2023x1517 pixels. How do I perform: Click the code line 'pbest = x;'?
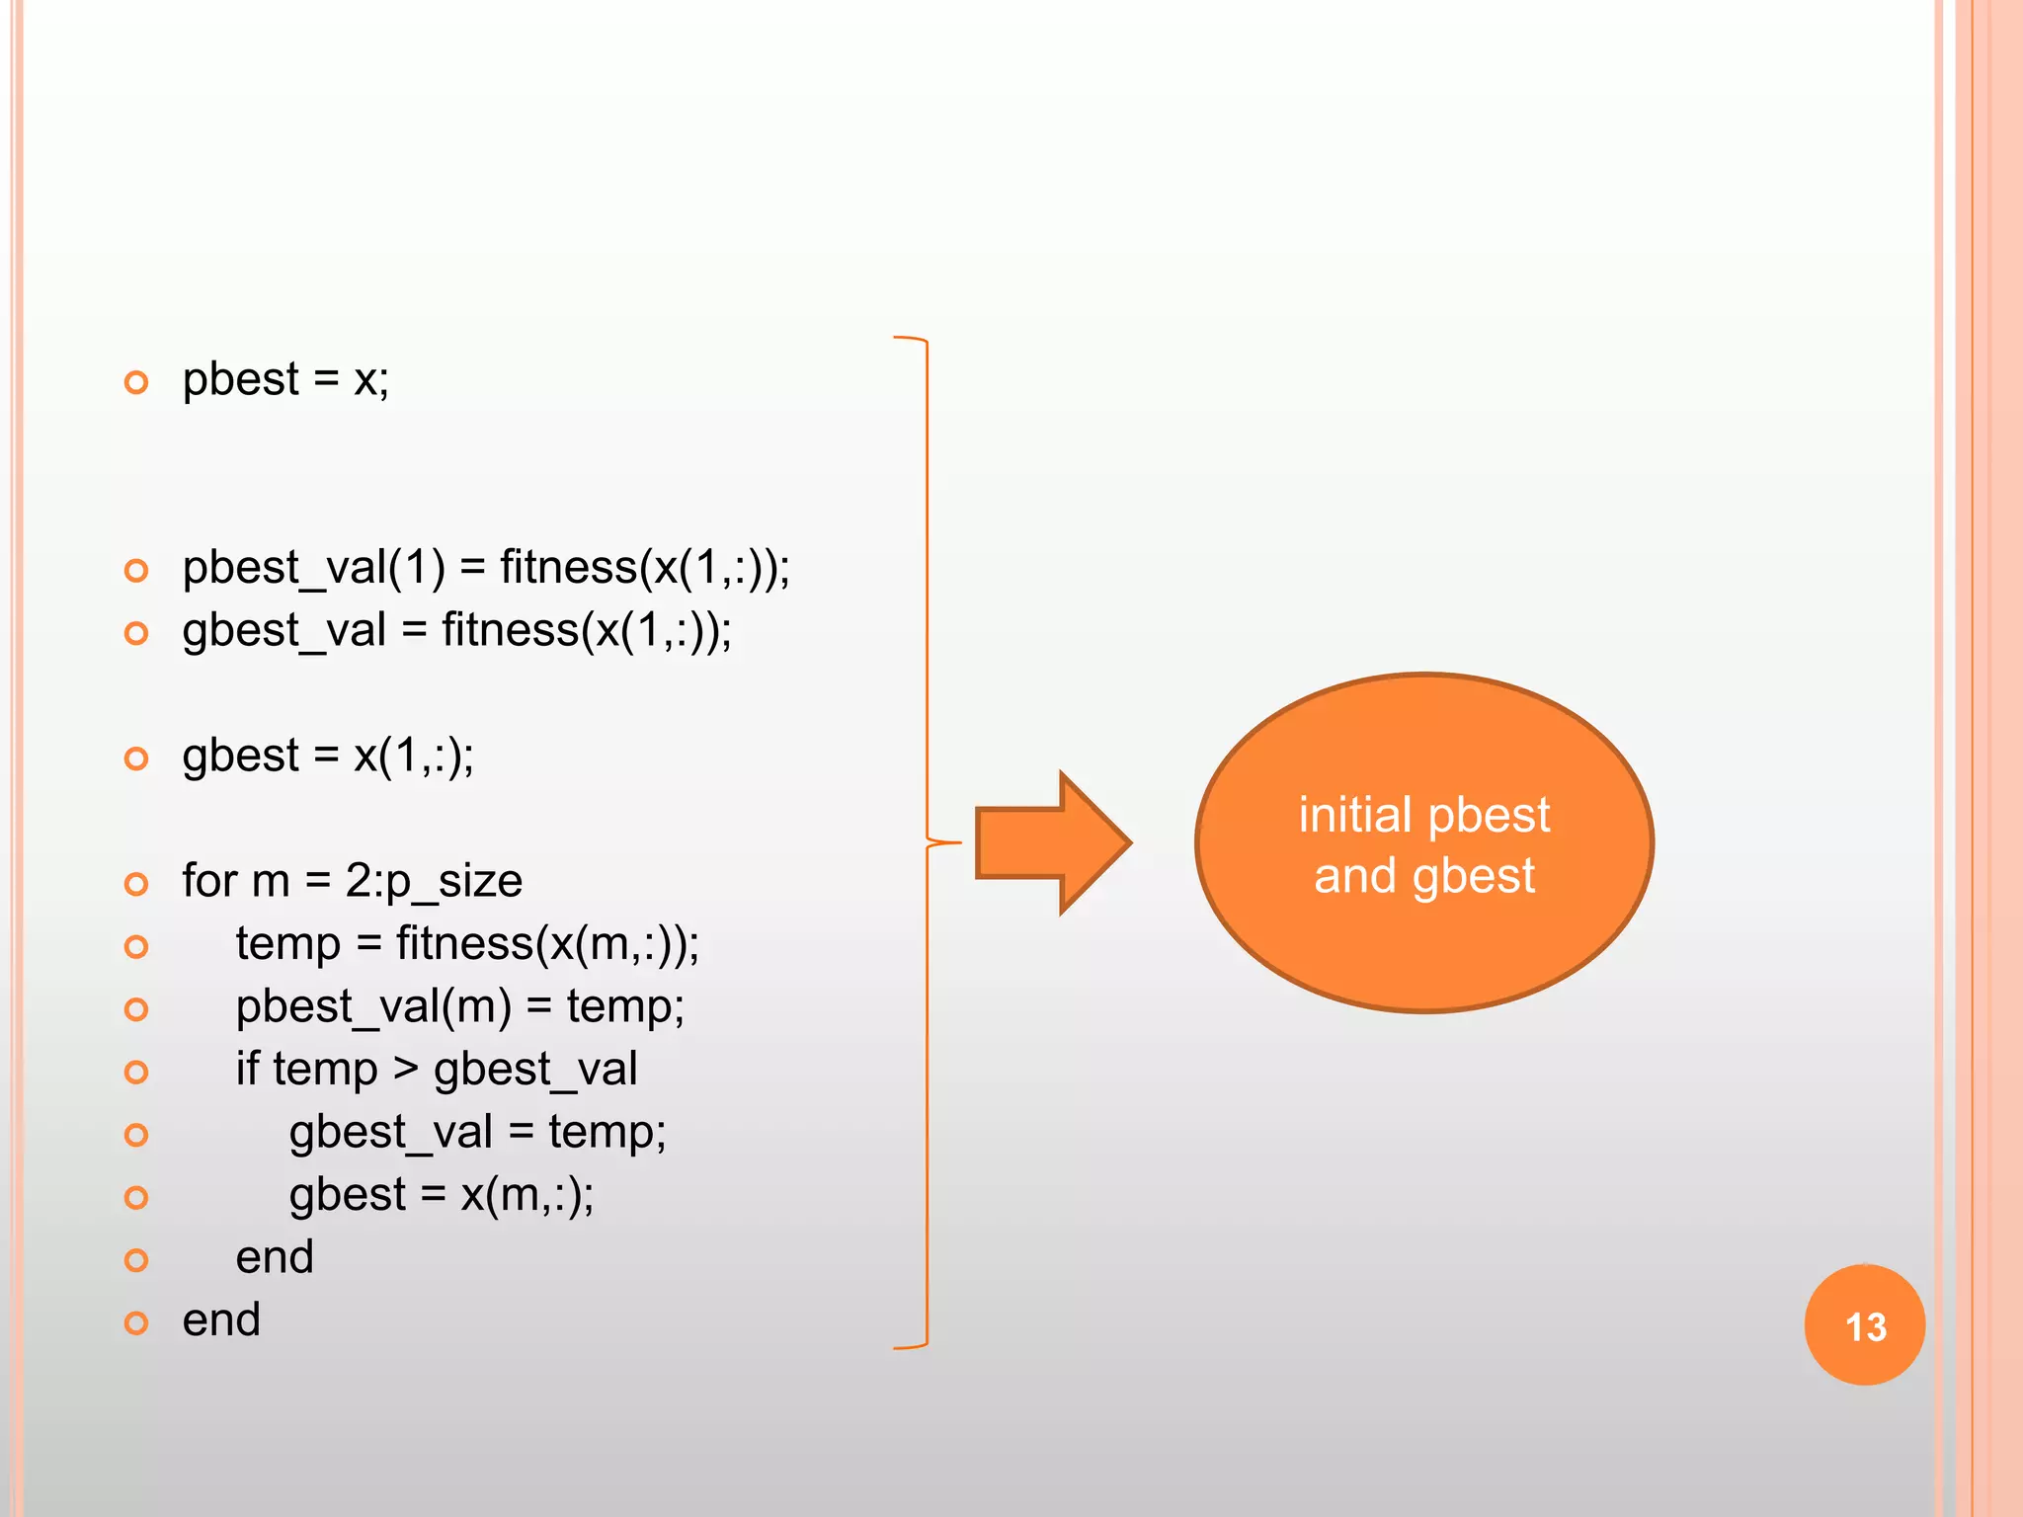(x=285, y=380)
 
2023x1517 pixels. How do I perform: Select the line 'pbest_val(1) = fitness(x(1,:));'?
(x=486, y=568)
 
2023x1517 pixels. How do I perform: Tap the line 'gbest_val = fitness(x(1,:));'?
(x=456, y=631)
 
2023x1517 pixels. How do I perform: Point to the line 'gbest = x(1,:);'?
(x=328, y=757)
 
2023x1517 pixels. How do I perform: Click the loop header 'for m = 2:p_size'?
(x=352, y=881)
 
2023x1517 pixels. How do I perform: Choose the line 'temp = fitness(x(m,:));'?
(x=467, y=944)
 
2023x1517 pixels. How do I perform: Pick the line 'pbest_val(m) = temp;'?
(x=459, y=1007)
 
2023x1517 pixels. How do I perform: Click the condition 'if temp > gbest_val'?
(x=436, y=1070)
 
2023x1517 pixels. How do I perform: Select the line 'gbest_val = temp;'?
(x=477, y=1133)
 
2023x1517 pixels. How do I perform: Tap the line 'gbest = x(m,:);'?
(x=442, y=1195)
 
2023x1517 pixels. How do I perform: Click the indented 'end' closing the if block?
(x=275, y=1257)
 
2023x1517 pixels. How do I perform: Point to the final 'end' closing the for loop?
(x=221, y=1320)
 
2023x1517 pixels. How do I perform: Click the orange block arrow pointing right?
(x=1051, y=842)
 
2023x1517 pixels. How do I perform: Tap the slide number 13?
(x=1865, y=1325)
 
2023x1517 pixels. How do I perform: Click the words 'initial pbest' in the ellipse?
(x=1423, y=815)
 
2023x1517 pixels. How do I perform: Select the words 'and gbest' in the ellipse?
(x=1423, y=876)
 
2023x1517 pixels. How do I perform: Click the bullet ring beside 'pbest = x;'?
(x=136, y=382)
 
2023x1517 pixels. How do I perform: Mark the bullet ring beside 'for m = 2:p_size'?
(x=136, y=883)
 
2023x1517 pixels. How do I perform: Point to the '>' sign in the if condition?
(x=405, y=1070)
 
